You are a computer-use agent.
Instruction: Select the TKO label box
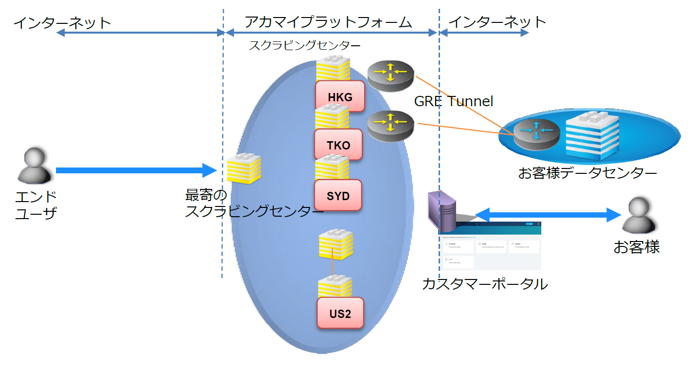[x=338, y=145]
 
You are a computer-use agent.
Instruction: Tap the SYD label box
[x=338, y=195]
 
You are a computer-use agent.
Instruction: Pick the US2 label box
[x=340, y=313]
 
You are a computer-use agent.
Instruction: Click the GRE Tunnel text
[x=454, y=101]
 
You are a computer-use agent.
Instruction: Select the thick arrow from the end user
[x=136, y=170]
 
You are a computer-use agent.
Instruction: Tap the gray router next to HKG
[x=390, y=76]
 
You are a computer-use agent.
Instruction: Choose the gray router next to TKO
[x=390, y=126]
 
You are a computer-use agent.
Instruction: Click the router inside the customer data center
[x=536, y=133]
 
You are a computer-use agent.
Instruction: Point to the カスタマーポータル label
[x=484, y=283]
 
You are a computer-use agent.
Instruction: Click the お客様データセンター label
[x=588, y=172]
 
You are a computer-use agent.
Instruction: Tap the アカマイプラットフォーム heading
[x=328, y=22]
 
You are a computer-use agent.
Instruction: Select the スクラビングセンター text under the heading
[x=305, y=46]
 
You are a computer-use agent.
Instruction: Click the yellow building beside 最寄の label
[x=244, y=168]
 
